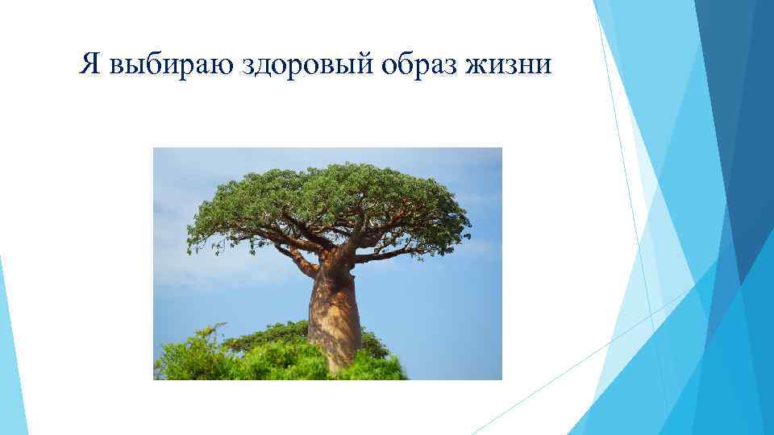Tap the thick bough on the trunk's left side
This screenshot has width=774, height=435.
pos(302,261)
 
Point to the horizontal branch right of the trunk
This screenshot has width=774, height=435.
pos(387,255)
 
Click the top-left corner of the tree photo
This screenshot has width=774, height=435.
pos(154,148)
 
